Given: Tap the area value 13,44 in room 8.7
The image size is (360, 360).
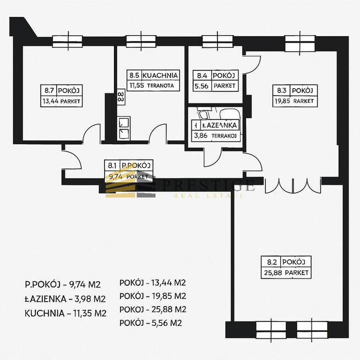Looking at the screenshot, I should point(52,101).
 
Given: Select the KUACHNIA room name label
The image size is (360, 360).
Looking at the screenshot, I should point(160,75).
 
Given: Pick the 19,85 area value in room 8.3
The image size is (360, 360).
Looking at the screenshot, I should point(281,101).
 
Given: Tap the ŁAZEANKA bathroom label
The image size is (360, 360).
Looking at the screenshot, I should point(220,125).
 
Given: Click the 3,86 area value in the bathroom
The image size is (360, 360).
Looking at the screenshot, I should point(199,135).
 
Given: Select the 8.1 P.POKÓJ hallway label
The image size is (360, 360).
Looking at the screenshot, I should point(129,165).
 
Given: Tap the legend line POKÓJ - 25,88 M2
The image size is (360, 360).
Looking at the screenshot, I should point(152,309).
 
